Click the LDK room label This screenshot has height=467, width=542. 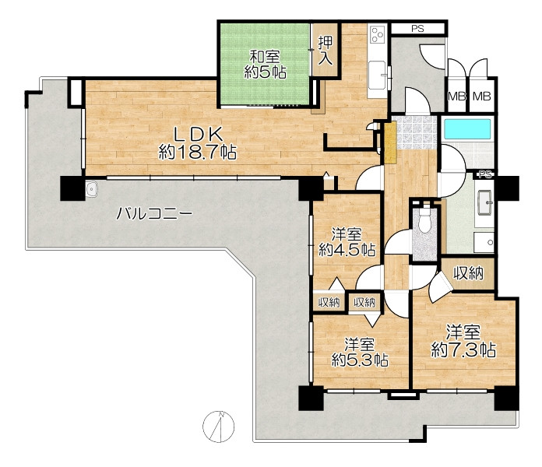pyautogui.click(x=197, y=143)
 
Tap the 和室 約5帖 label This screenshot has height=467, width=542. pyautogui.click(x=265, y=65)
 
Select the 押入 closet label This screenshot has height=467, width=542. pyautogui.click(x=326, y=51)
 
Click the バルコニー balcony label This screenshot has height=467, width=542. pyautogui.click(x=154, y=214)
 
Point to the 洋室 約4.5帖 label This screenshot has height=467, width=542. pyautogui.click(x=347, y=242)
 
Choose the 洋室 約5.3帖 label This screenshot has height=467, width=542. pyautogui.click(x=360, y=353)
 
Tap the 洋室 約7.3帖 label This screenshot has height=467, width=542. pyautogui.click(x=463, y=342)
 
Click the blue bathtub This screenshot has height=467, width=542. pyautogui.click(x=467, y=129)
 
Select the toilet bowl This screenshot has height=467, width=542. pyautogui.click(x=424, y=222)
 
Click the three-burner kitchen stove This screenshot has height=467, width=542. pyautogui.click(x=377, y=34)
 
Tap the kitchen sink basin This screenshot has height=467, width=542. pyautogui.click(x=377, y=75)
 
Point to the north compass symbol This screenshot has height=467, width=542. pyautogui.click(x=219, y=427)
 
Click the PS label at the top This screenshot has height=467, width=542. pyautogui.click(x=417, y=29)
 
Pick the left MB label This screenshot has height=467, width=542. pyautogui.click(x=457, y=96)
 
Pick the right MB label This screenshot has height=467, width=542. pyautogui.click(x=482, y=96)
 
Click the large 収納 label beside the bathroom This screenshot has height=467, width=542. pyautogui.click(x=468, y=273)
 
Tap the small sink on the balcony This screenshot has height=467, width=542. pyautogui.click(x=92, y=189)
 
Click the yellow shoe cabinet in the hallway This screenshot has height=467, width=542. pyautogui.click(x=390, y=142)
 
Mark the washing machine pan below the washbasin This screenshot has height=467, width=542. pyautogui.click(x=484, y=242)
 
